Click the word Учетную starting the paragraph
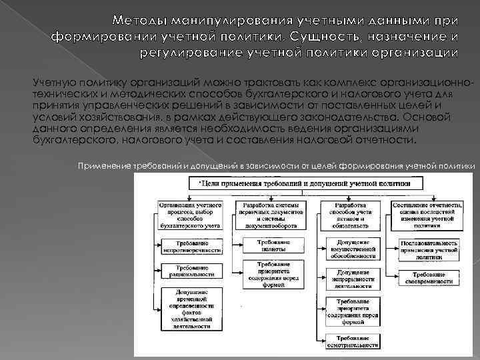tap(54, 81)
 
